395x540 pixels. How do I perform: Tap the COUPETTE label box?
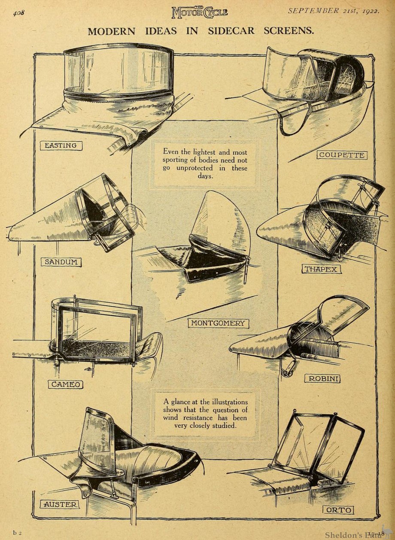coord(342,155)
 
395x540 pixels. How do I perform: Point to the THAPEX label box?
coord(321,270)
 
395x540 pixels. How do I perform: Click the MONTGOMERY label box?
coord(218,323)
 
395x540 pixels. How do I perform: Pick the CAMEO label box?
coord(65,384)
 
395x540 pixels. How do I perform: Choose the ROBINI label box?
coord(322,379)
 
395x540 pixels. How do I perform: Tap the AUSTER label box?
coord(61,504)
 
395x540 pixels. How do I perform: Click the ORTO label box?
coord(338,510)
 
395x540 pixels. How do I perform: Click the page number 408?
coord(18,12)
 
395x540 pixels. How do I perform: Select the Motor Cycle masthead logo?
coord(200,12)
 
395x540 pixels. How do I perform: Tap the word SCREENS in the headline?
coord(289,31)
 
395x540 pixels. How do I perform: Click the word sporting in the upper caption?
coord(175,160)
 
